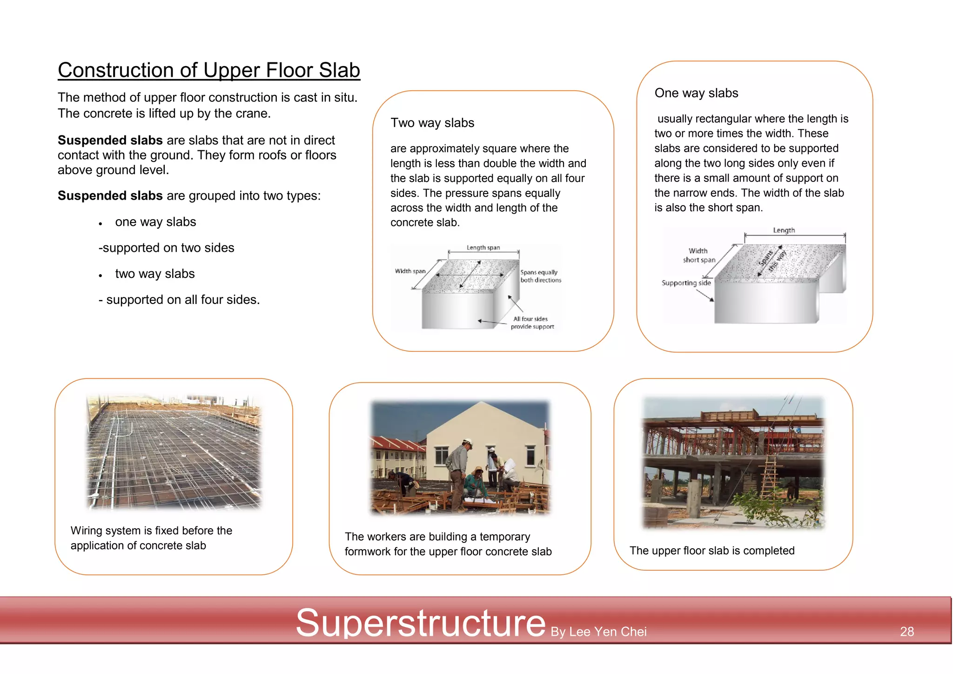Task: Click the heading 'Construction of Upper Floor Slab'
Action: [x=209, y=70]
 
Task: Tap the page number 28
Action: [x=906, y=632]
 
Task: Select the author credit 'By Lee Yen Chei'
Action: [x=598, y=632]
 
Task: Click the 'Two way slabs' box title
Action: [x=432, y=123]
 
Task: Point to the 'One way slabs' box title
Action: [x=696, y=93]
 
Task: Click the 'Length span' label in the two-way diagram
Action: [x=483, y=248]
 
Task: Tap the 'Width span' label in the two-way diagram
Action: [x=410, y=271]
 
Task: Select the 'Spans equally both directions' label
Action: [x=540, y=276]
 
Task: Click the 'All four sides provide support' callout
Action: [x=532, y=323]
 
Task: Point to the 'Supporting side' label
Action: [x=686, y=283]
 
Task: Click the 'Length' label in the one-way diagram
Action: [x=784, y=230]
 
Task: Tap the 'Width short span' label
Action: [x=698, y=255]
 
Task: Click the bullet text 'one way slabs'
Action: [x=155, y=222]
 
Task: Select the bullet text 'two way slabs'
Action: [x=155, y=274]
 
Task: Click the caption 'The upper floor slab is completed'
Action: [x=712, y=551]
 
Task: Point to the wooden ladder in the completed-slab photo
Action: [x=768, y=479]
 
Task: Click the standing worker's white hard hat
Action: [x=467, y=441]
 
